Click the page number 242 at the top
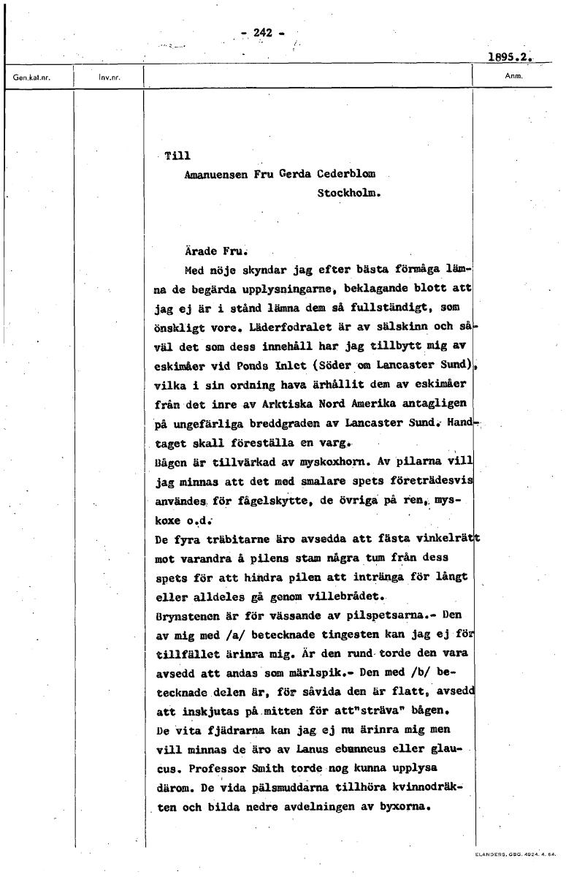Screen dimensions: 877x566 point(262,32)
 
